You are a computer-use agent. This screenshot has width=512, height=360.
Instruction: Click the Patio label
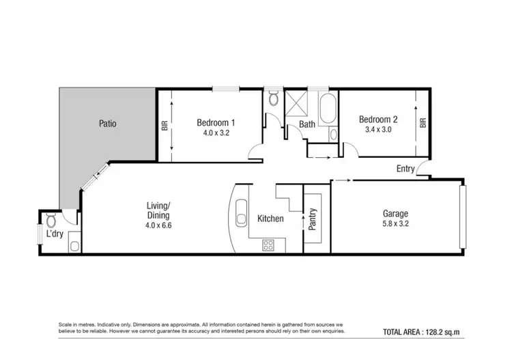[107, 124]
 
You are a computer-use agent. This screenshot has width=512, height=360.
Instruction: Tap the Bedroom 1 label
[216, 122]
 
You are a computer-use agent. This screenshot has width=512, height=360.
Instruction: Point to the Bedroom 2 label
[378, 119]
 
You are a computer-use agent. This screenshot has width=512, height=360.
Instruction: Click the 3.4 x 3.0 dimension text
[378, 129]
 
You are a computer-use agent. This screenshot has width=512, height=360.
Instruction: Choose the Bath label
[307, 124]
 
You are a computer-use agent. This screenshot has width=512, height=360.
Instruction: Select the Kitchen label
[270, 219]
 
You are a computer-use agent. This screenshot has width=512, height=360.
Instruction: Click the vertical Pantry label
[313, 220]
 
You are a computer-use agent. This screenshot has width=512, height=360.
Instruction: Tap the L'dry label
[54, 234]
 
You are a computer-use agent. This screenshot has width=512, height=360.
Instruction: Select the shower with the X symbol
[296, 102]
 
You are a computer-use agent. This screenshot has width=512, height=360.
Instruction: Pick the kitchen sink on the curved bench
[241, 219]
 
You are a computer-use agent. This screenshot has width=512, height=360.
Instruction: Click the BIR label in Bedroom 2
[423, 123]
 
